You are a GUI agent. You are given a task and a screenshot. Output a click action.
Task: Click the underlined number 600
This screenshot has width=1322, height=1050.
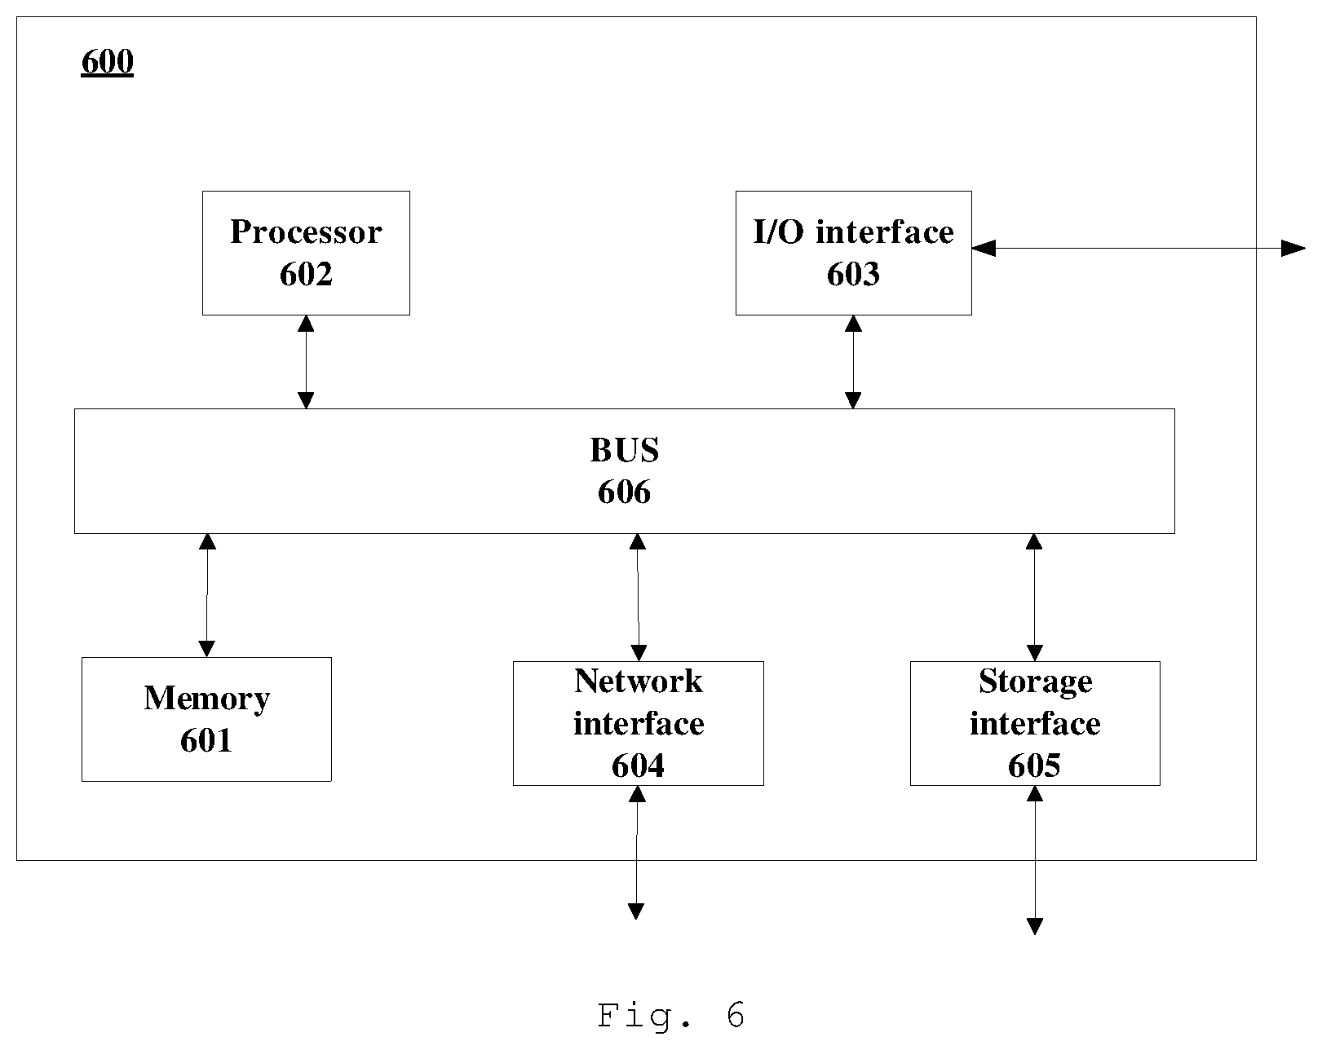tap(108, 61)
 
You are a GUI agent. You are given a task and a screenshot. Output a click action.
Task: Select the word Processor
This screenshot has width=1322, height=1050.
tap(306, 232)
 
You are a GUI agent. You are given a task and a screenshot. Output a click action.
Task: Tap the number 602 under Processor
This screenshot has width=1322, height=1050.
tap(306, 274)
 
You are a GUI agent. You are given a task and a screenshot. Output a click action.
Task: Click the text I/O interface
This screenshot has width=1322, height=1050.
tap(853, 232)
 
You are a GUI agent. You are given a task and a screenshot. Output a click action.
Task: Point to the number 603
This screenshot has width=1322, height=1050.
tap(853, 274)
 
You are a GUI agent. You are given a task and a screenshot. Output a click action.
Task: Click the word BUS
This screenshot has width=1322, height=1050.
tap(624, 450)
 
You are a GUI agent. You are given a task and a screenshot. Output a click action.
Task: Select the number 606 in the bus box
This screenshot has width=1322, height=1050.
tap(624, 492)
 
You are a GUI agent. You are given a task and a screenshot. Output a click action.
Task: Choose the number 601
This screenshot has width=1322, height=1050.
tap(206, 740)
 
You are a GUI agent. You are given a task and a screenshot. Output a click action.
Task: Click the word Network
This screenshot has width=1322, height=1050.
tap(639, 682)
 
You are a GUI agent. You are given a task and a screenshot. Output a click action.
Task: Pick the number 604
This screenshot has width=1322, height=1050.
tap(639, 765)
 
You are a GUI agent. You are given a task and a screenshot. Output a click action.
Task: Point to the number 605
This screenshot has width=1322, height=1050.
tap(1034, 765)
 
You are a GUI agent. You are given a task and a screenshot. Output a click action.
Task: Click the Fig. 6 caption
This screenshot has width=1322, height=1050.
tap(671, 1015)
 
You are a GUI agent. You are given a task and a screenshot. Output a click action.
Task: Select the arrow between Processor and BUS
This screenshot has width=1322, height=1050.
tap(306, 362)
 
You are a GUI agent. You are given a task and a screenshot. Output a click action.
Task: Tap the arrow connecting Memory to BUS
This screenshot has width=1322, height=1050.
tap(207, 596)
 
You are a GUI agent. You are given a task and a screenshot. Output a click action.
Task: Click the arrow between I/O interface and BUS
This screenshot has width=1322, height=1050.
tap(853, 362)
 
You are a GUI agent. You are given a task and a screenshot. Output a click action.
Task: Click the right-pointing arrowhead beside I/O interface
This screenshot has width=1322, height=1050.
tap(1293, 249)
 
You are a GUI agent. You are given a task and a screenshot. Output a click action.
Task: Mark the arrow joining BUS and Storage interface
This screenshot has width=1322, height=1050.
tap(1034, 598)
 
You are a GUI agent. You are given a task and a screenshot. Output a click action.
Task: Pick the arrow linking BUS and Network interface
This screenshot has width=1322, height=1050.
tap(639, 598)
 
